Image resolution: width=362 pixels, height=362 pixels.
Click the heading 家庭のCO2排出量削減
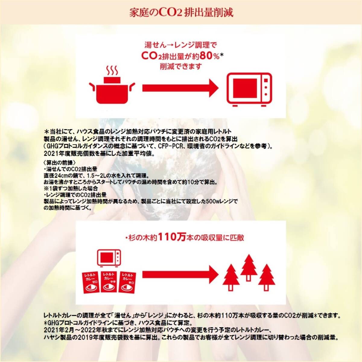181,13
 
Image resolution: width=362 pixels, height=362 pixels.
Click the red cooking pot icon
113,91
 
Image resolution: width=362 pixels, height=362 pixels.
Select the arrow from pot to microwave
180,88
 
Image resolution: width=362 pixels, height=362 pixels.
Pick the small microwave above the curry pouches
109,258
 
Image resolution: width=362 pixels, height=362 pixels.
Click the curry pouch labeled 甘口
91,282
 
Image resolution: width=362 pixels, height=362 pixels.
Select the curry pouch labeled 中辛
109,282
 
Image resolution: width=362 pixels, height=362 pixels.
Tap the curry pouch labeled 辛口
128,282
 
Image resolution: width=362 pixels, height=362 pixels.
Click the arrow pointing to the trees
180,274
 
